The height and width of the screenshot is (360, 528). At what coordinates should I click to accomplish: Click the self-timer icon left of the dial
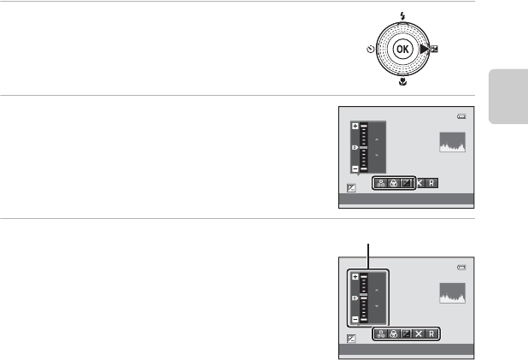tap(368, 50)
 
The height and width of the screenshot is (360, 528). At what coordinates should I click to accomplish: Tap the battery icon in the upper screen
tap(462, 117)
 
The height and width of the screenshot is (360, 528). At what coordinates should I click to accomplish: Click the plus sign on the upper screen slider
tap(355, 126)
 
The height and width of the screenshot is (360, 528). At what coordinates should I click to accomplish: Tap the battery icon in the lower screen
tap(462, 268)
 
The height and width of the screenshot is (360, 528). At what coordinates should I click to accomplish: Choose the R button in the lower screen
tap(432, 333)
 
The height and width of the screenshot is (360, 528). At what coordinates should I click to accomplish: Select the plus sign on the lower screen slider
tap(355, 277)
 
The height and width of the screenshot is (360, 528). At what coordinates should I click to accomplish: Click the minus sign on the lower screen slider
tap(355, 319)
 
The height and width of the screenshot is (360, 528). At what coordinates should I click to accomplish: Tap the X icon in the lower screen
tap(418, 333)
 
